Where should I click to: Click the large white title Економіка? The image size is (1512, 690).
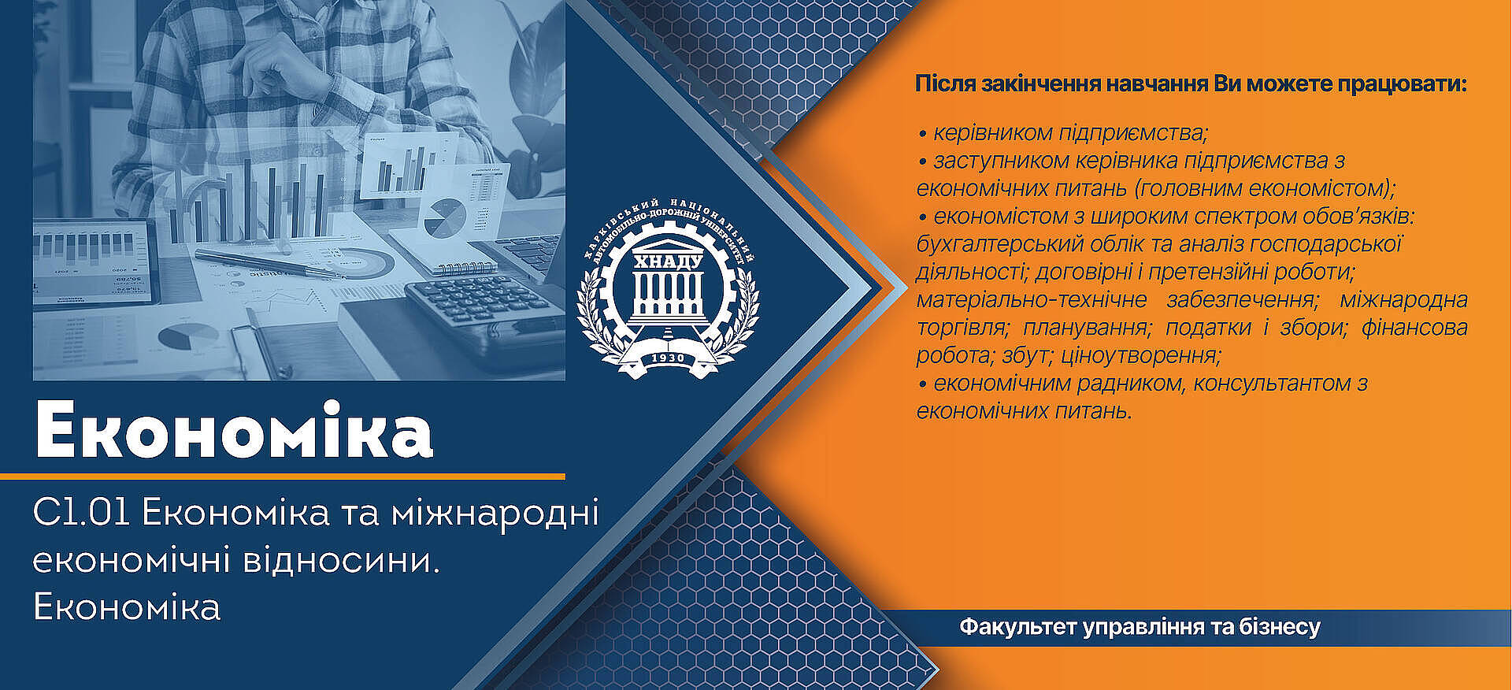pos(234,430)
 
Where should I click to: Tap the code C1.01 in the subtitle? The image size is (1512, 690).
pos(81,514)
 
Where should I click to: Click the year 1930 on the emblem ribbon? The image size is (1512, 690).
pos(669,358)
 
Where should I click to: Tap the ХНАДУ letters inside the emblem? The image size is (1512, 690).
pos(669,262)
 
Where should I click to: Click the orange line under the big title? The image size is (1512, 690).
pos(283,477)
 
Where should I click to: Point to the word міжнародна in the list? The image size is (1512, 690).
pos(1404,299)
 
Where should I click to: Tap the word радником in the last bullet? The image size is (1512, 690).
pos(1135,384)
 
